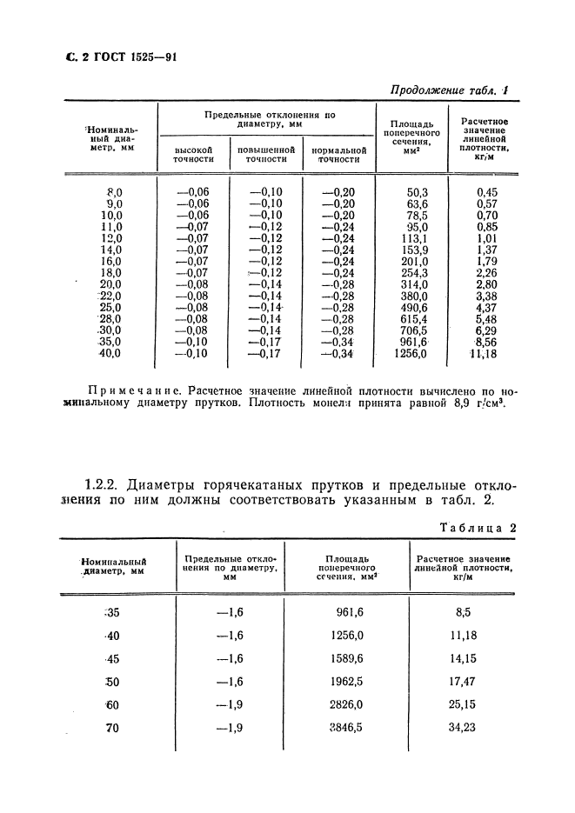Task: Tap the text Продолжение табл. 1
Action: (x=451, y=89)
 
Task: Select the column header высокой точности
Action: (x=193, y=155)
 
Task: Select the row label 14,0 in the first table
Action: (x=113, y=250)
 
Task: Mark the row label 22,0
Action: (x=113, y=296)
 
